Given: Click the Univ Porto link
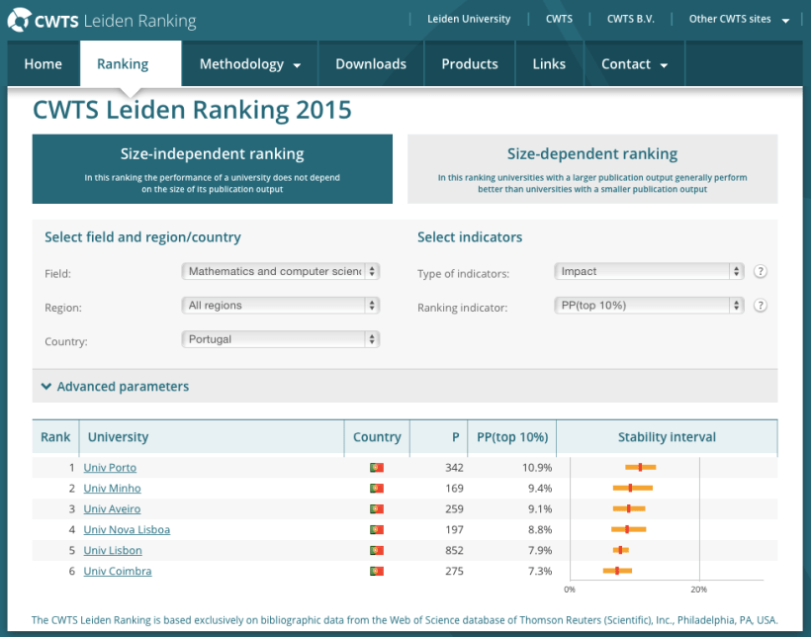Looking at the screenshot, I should click(x=110, y=467).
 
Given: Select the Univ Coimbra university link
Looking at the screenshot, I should click(x=118, y=571).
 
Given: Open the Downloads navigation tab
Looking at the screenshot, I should click(x=371, y=64).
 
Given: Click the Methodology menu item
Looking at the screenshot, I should click(x=249, y=64).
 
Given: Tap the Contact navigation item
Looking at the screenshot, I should click(x=634, y=64).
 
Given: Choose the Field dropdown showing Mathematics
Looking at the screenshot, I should click(x=281, y=271).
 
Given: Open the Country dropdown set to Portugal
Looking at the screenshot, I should click(x=281, y=339).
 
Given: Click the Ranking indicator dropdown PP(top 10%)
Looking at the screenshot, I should click(x=649, y=305).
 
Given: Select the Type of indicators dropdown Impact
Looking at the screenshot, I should click(x=649, y=271).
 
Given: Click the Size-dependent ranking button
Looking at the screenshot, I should click(x=592, y=168).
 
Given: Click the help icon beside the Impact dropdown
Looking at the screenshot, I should click(x=761, y=271).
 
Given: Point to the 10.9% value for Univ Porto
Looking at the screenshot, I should click(x=537, y=467).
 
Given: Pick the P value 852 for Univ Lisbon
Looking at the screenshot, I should click(x=454, y=550).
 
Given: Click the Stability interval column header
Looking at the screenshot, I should click(x=667, y=437).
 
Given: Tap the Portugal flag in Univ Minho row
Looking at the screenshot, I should click(x=376, y=488).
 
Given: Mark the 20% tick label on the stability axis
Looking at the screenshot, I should click(x=698, y=590).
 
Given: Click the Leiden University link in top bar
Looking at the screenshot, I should click(x=469, y=19).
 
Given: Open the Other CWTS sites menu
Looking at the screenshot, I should click(x=739, y=19).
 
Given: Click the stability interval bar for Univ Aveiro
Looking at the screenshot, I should click(x=628, y=508).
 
